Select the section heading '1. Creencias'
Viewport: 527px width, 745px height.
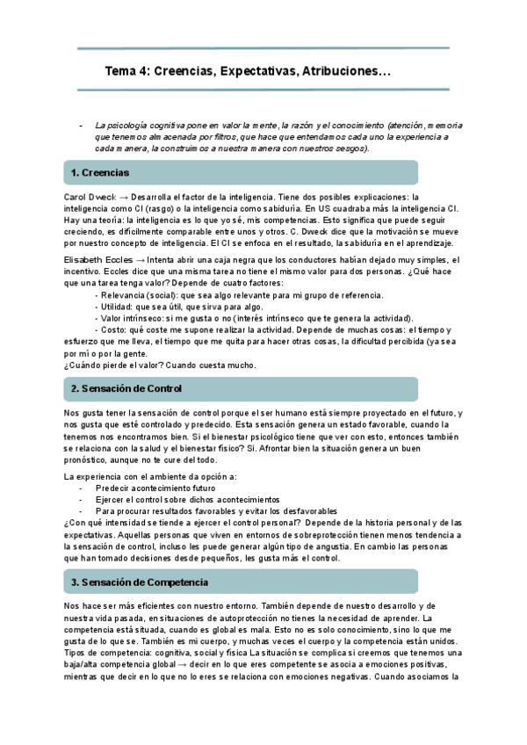pyautogui.click(x=99, y=172)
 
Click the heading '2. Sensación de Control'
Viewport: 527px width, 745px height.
pyautogui.click(x=126, y=388)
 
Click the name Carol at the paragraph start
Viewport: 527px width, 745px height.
pyautogui.click(x=76, y=197)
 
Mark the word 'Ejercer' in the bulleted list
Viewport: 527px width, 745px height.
pyautogui.click(x=112, y=498)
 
